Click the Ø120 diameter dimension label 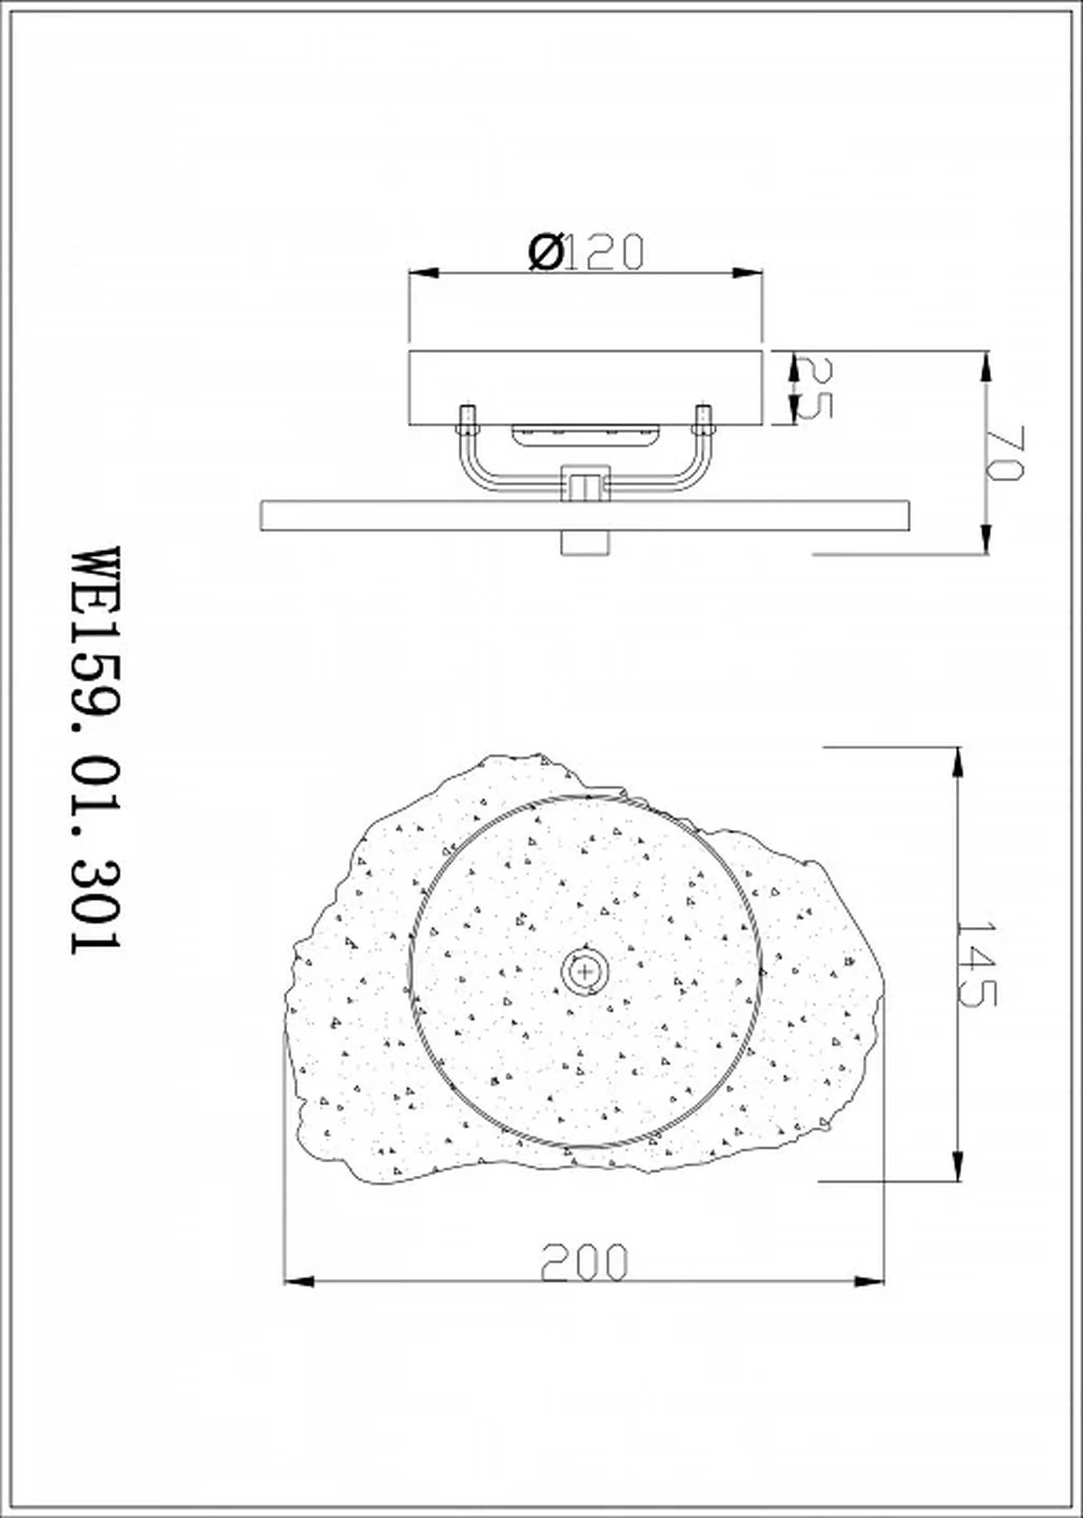pyautogui.click(x=586, y=251)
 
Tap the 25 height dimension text pyautogui.click(x=814, y=387)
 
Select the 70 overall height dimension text pyautogui.click(x=1005, y=453)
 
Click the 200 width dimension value pyautogui.click(x=584, y=1262)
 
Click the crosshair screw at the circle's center pyautogui.click(x=585, y=971)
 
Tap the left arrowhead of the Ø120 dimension pyautogui.click(x=424, y=273)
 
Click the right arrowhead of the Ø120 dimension pyautogui.click(x=747, y=273)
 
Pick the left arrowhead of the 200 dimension pyautogui.click(x=300, y=1282)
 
